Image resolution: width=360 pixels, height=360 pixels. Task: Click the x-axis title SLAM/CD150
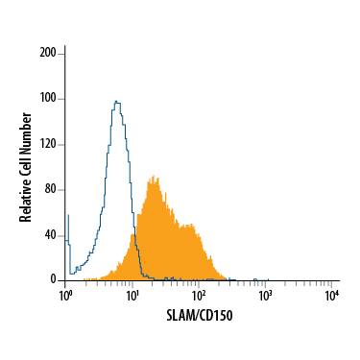pyautogui.click(x=198, y=313)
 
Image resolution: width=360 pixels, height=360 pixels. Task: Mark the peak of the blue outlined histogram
pyautogui.click(x=116, y=101)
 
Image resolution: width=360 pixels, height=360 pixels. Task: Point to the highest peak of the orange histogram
pyautogui.click(x=152, y=179)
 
